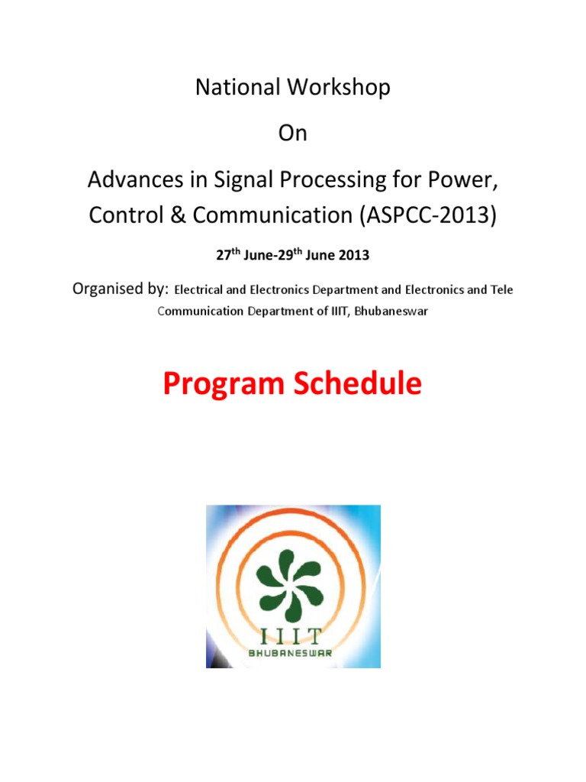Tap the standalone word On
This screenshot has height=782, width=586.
pyautogui.click(x=293, y=133)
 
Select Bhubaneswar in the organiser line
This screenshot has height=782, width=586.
pyautogui.click(x=391, y=312)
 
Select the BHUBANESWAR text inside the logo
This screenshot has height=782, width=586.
pyautogui.click(x=293, y=653)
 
